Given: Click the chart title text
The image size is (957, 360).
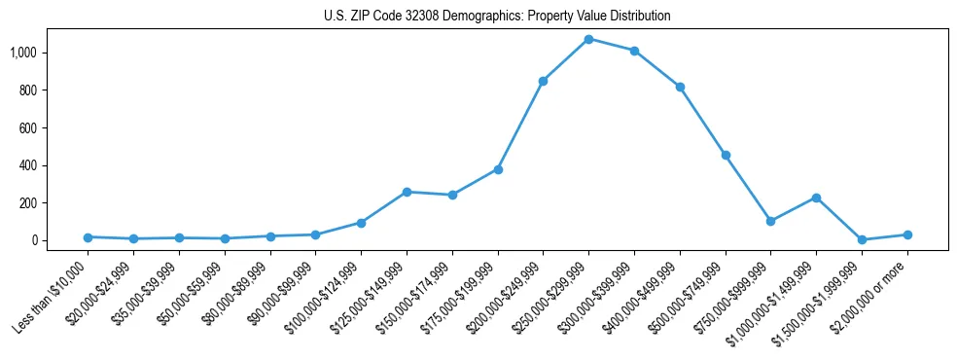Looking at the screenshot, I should pos(497,17).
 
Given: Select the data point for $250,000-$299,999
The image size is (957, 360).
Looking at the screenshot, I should pos(588,39).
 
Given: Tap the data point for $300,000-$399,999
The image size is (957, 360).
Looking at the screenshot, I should pos(634,51).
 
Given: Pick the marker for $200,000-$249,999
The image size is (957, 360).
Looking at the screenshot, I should pos(543,81).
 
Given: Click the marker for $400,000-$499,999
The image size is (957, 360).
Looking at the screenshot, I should pos(680,87).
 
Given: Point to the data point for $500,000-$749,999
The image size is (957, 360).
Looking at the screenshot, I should pos(726,155).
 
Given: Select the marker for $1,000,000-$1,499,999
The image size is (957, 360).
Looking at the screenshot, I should pos(816,198).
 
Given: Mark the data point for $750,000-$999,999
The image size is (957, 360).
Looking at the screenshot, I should pos(770,221).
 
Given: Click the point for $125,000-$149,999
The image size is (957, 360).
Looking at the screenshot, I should pos(407,192).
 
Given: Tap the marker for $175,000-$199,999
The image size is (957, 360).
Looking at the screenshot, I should pos(498,169).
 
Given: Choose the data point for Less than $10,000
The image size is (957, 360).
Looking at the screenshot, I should pos(89,237).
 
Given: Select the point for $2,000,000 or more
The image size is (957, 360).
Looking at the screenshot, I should pos(907,234).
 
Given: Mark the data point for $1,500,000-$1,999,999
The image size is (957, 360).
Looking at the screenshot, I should pos(862,239).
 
